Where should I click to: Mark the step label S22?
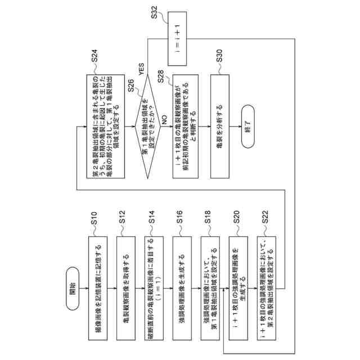269,215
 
